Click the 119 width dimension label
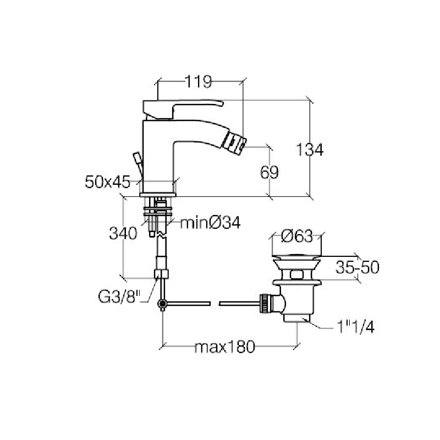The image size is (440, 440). [199, 82]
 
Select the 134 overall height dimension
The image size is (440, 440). [310, 149]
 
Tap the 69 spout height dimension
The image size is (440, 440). [269, 172]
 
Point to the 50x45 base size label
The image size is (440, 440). [108, 182]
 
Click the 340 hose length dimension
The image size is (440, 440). [123, 234]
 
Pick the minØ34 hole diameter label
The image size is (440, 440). [210, 223]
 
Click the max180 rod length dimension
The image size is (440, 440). [224, 348]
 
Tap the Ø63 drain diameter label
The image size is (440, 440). [296, 237]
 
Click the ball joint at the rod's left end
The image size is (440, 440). [162, 304]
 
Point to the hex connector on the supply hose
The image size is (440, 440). [162, 274]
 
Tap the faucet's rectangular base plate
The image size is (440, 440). [159, 194]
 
